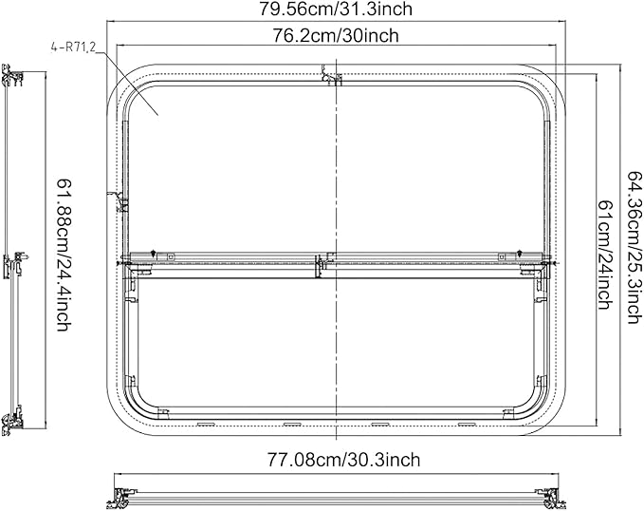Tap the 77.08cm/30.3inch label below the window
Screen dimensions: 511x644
tap(341, 460)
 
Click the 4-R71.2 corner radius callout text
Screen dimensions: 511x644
tap(71, 45)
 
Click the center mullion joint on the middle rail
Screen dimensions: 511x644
tap(322, 258)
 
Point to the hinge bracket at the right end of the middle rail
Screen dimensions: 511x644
tap(540, 270)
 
